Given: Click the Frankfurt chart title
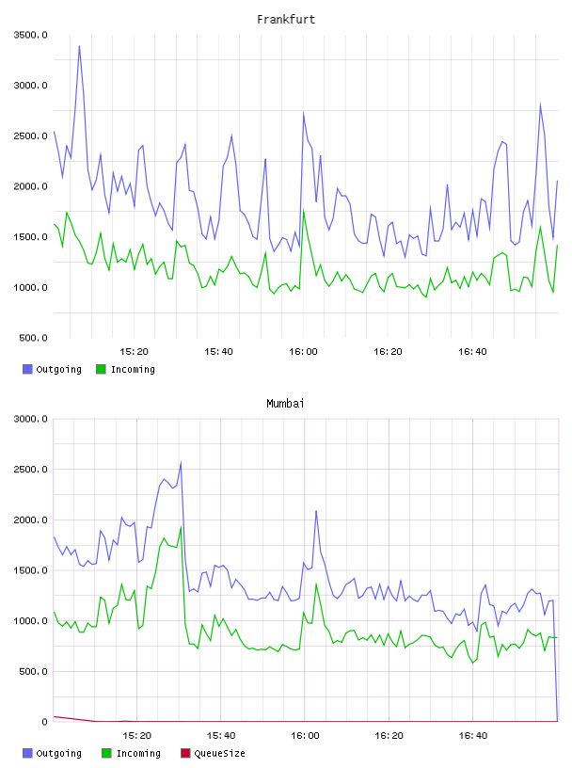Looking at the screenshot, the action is (x=286, y=20).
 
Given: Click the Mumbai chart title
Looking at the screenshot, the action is (x=285, y=404).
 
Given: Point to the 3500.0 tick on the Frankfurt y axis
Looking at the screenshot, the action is (x=31, y=35).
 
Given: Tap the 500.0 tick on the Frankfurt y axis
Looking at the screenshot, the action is (x=33, y=338).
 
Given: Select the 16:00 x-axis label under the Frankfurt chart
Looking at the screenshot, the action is (x=303, y=352).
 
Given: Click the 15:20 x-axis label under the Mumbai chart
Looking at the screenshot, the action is (x=136, y=736).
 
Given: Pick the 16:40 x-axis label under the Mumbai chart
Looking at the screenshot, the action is (x=473, y=736).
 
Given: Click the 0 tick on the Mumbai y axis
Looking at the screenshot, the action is (x=44, y=722).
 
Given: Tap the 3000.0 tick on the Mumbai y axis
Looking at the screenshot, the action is (x=31, y=419).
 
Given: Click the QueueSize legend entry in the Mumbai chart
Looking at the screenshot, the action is (x=213, y=753).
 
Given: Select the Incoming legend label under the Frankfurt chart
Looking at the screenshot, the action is (x=133, y=369).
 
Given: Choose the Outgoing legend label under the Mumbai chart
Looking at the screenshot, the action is (x=58, y=753).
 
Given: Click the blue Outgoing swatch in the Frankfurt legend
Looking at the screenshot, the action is (x=27, y=369).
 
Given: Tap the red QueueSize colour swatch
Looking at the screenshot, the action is (x=185, y=753).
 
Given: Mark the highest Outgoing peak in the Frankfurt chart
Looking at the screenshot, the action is (x=79, y=46).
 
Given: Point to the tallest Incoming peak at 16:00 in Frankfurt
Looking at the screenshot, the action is (x=304, y=211).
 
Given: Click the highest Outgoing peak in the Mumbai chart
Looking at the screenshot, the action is (x=182, y=462).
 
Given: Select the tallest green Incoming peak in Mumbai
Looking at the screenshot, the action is (x=182, y=527).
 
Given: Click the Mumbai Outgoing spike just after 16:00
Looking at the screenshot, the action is (x=316, y=511).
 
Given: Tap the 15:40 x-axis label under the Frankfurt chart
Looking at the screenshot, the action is (x=218, y=352).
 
